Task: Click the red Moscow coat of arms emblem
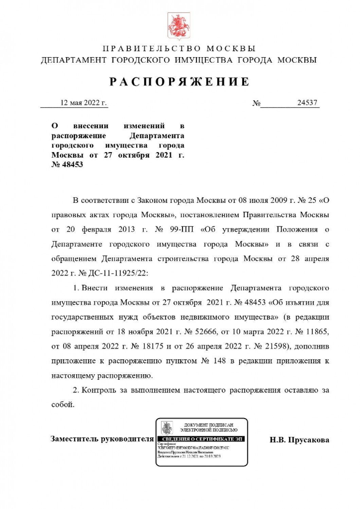point(179,26)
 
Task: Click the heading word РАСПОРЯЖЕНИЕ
point(180,82)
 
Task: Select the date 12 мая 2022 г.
point(83,103)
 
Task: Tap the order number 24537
point(307,103)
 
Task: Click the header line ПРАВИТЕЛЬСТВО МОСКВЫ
point(179,49)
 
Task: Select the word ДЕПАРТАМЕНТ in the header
point(74,60)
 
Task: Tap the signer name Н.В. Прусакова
point(299,440)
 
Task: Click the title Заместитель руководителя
point(102,439)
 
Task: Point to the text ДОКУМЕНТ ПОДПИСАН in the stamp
point(209,425)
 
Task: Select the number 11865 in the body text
point(317,332)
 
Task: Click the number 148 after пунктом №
point(220,361)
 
